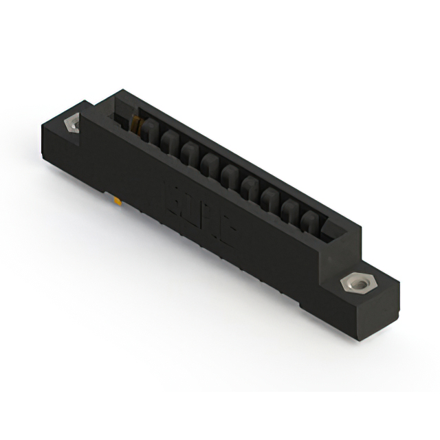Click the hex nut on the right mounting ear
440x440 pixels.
tap(356, 283)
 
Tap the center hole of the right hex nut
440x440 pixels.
tap(356, 282)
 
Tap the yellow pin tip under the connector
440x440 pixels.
tap(118, 201)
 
